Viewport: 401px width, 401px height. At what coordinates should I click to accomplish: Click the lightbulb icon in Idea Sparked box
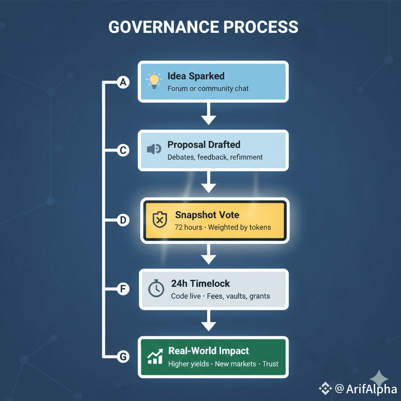click(x=154, y=80)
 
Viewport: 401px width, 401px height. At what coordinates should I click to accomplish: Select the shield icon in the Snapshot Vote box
click(x=159, y=220)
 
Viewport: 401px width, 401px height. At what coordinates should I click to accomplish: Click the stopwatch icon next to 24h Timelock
click(x=155, y=289)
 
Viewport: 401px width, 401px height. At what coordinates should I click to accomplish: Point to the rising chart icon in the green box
click(x=155, y=357)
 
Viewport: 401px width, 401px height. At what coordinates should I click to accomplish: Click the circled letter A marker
click(x=123, y=83)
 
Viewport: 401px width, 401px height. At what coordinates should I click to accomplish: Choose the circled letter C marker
click(x=123, y=151)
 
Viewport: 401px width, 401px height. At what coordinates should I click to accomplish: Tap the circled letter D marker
click(x=123, y=220)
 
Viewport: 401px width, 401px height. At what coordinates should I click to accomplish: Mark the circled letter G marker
click(x=123, y=357)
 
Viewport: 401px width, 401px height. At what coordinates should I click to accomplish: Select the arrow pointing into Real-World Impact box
click(x=208, y=322)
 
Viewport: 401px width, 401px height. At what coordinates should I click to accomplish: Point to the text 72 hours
click(x=188, y=227)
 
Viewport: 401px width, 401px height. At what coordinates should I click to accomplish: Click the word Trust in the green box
click(x=270, y=364)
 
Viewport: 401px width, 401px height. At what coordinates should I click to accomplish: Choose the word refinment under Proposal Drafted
click(x=246, y=157)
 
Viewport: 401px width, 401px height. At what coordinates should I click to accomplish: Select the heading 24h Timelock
click(x=200, y=284)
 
